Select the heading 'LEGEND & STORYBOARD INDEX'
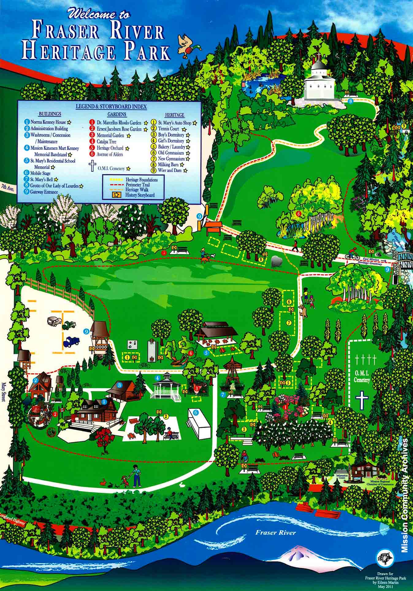(x=111, y=107)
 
